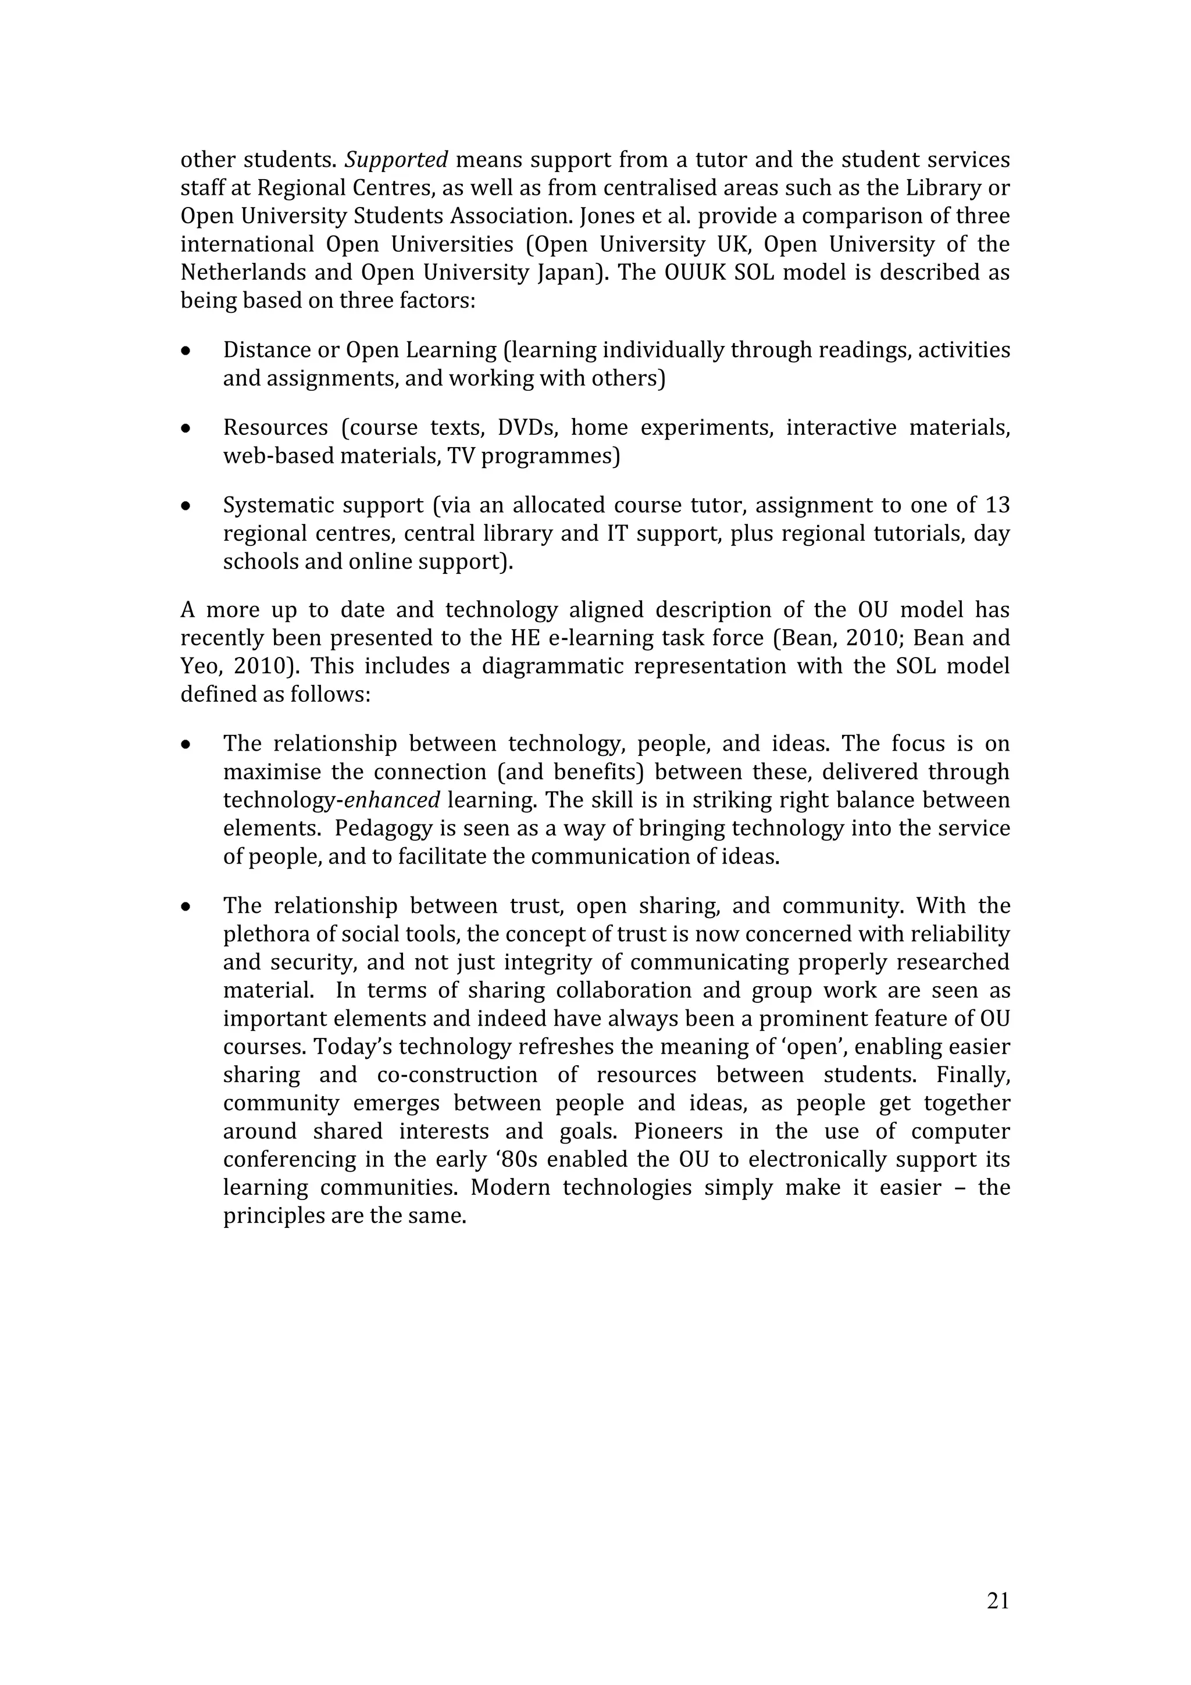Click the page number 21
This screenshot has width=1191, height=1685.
click(998, 1601)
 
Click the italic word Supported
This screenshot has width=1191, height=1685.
click(396, 160)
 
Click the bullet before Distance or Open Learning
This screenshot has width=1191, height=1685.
click(187, 352)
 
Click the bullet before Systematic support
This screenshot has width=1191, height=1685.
click(187, 506)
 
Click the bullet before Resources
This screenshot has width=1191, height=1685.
click(187, 429)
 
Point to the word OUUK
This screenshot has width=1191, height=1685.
click(693, 273)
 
